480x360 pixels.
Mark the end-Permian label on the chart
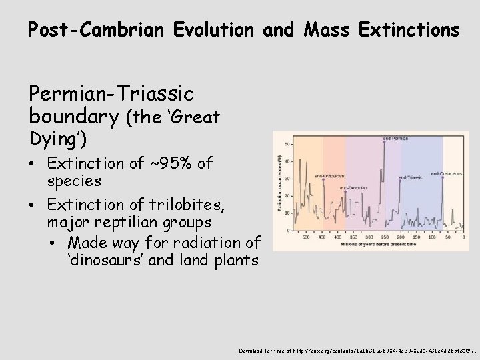[395, 138]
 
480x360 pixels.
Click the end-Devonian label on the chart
[354, 188]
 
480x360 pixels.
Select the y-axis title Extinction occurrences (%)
[279, 183]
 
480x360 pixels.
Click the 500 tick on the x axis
[306, 237]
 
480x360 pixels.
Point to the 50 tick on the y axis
[287, 144]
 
